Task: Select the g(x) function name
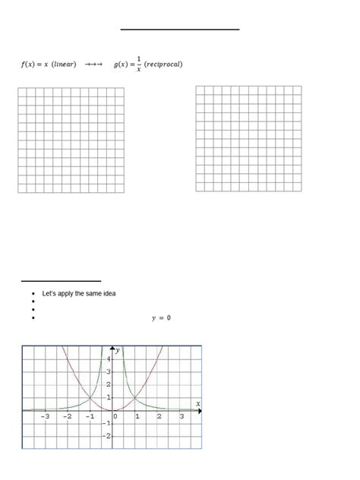(x=122, y=65)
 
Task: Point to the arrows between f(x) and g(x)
(x=93, y=65)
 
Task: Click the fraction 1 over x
(x=139, y=65)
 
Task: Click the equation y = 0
(x=160, y=318)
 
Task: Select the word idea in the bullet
(x=109, y=293)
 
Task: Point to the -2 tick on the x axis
(x=68, y=416)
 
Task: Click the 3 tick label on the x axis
(x=182, y=416)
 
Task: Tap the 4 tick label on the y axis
(x=108, y=358)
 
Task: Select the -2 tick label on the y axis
(x=106, y=436)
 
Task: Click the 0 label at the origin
(x=115, y=416)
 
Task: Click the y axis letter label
(x=118, y=349)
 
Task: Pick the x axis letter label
(x=198, y=403)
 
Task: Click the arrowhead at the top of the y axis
(x=112, y=348)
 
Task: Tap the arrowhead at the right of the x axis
(x=200, y=410)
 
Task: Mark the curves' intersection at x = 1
(x=135, y=397)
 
